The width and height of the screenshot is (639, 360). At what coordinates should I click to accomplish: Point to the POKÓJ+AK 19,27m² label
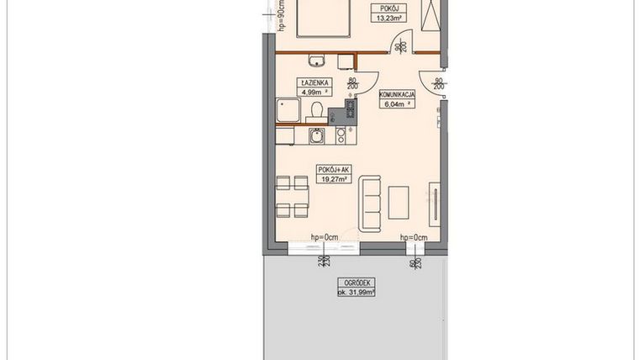point(333,173)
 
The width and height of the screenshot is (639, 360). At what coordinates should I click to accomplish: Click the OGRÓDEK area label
point(356,287)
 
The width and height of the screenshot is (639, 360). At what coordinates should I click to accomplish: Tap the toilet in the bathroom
point(317,109)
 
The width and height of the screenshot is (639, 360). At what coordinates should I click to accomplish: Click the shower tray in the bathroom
point(288,109)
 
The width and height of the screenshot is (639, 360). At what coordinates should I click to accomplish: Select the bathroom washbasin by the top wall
point(317,60)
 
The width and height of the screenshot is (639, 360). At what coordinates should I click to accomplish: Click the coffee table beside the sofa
point(398,202)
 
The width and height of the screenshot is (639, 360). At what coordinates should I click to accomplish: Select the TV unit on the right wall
point(435,203)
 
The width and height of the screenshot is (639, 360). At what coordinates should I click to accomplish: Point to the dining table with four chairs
point(293,196)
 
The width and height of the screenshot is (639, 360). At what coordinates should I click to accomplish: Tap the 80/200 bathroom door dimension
point(353,82)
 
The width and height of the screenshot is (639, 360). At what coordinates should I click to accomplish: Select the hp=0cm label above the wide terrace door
point(324,236)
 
